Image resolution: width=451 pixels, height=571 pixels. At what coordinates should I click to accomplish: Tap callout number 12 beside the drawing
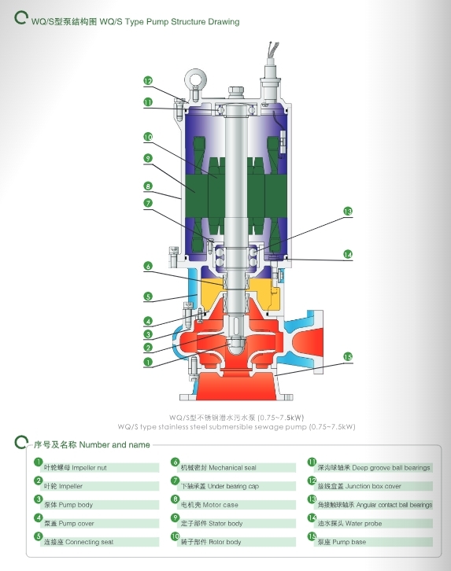[148, 81]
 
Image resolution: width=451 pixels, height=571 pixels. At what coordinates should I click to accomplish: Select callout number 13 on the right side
[348, 212]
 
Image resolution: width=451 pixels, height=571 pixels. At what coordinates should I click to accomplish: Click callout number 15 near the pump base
[348, 357]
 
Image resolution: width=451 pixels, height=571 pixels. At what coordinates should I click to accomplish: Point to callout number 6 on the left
[148, 266]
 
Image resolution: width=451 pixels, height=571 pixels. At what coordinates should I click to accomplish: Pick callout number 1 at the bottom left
[148, 362]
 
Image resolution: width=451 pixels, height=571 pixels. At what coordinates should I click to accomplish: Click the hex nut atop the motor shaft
[235, 92]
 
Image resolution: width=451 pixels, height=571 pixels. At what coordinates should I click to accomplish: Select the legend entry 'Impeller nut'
[75, 468]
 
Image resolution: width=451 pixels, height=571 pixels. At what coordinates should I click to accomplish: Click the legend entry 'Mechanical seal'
[219, 468]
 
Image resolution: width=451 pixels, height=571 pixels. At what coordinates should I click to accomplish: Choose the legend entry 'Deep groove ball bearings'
[374, 468]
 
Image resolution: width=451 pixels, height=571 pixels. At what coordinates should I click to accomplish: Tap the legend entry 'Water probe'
[349, 523]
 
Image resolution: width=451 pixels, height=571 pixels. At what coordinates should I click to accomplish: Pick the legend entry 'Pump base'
[342, 542]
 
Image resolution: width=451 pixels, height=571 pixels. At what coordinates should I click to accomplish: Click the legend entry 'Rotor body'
[211, 542]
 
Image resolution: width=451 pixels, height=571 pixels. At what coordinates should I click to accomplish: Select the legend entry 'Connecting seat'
[79, 542]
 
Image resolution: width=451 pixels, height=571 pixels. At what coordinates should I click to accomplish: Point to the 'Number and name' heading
[114, 444]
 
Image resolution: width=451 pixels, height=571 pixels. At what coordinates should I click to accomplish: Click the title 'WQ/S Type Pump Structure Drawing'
[169, 22]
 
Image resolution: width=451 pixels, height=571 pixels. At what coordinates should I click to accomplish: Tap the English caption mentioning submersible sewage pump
[236, 426]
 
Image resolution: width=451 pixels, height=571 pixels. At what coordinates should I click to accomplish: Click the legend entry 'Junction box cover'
[359, 486]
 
